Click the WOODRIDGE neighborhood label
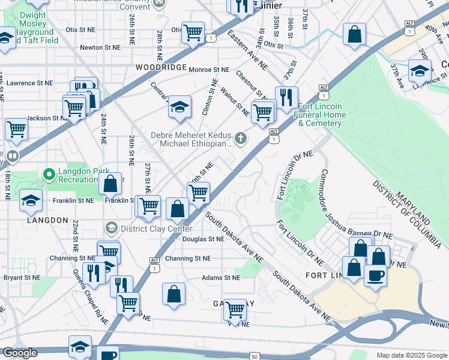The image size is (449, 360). [161, 67]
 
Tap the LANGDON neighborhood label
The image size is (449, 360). [47, 220]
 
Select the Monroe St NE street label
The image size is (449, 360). [209, 70]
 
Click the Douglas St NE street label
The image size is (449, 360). [203, 239]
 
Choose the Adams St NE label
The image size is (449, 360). [220, 278]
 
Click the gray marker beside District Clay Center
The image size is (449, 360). [111, 227]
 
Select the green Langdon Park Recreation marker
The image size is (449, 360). [49, 175]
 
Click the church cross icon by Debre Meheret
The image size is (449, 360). [240, 139]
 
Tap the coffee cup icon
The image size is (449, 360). [375, 275]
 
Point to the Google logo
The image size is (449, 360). [19, 353]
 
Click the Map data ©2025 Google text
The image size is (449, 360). [411, 355]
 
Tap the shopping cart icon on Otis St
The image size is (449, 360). [193, 32]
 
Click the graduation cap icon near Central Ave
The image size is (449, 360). [179, 106]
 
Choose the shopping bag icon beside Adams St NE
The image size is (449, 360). [173, 293]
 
